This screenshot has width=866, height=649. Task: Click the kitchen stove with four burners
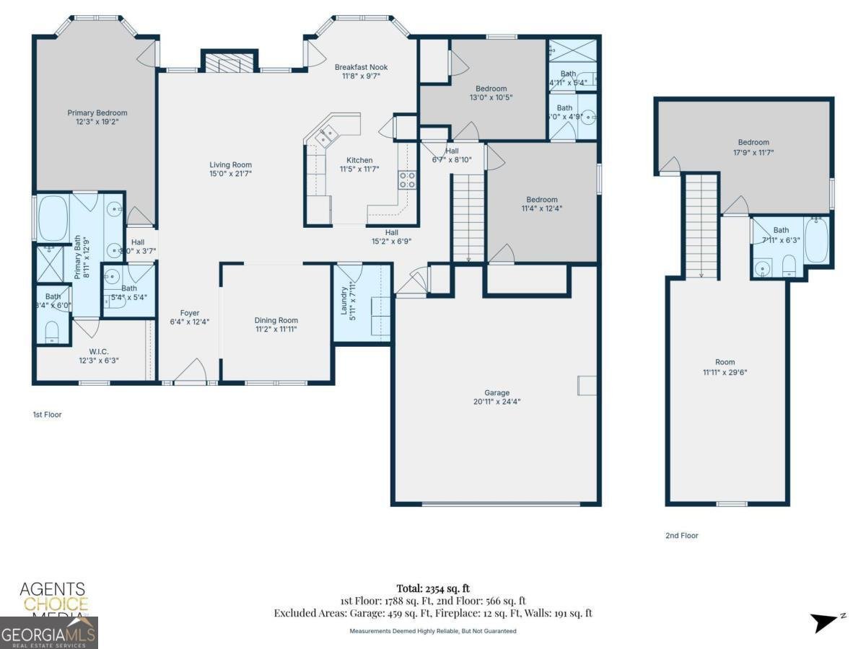coord(407,180)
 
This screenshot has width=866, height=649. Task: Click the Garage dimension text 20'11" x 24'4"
coord(497,402)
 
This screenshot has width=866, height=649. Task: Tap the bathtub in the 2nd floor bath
coord(817,239)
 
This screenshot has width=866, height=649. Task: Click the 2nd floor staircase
coord(701,226)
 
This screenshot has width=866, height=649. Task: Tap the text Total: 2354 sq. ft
coord(433,588)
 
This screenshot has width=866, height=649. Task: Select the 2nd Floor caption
coord(681,536)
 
